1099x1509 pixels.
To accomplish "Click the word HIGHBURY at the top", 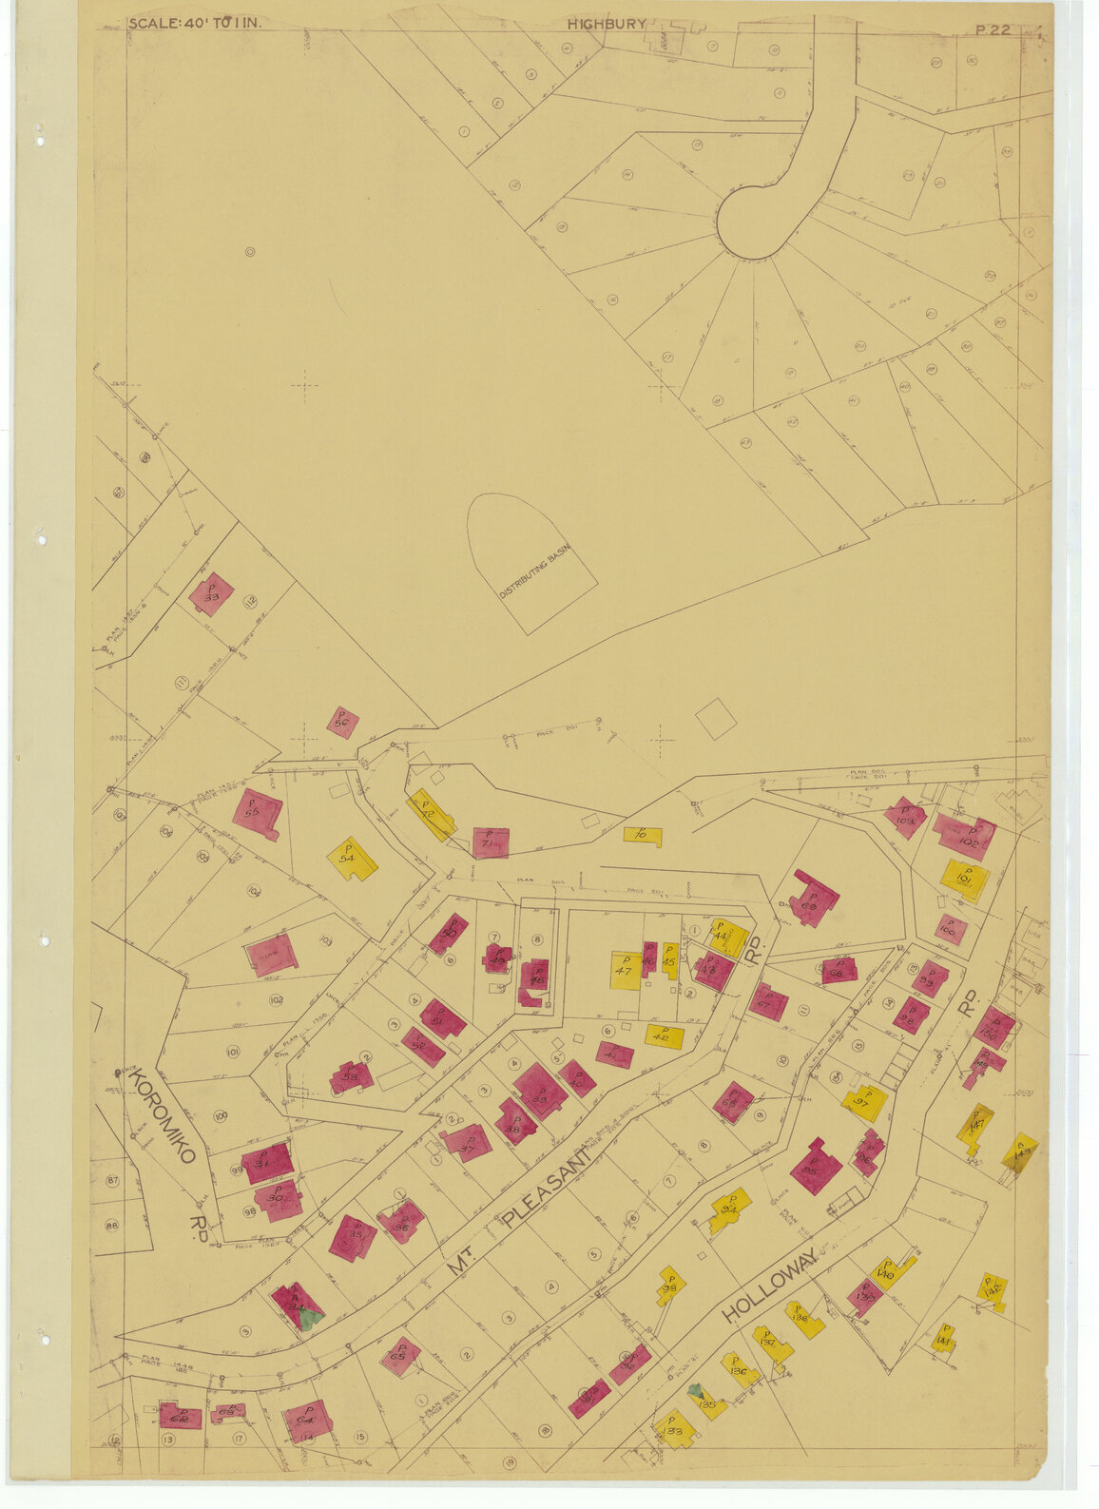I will tap(607, 25).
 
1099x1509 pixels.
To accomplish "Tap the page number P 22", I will tap(993, 29).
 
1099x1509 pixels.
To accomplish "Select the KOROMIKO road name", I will tap(161, 1114).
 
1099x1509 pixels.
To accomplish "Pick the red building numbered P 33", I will tap(210, 595).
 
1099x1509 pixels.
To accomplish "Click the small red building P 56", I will tap(342, 723).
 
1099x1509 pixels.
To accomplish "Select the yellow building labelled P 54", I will tap(352, 859).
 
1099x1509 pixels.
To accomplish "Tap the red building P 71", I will tap(491, 842).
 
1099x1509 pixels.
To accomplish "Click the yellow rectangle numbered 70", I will tap(643, 836).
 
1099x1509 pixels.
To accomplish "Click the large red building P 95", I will tap(815, 1166).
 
